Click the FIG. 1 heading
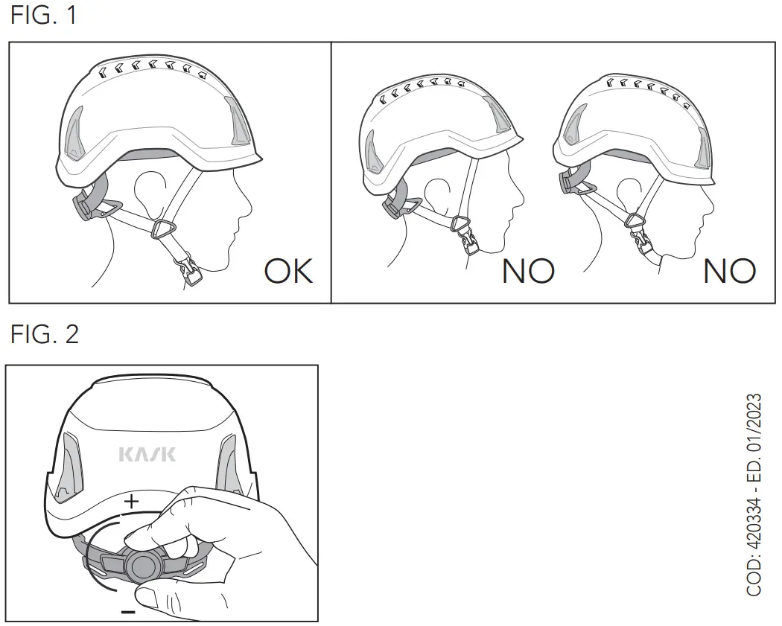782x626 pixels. [x=43, y=16]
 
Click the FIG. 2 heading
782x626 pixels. [x=44, y=334]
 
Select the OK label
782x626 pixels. [x=289, y=271]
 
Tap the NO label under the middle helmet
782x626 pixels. [x=528, y=271]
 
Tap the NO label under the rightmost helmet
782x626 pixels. [x=729, y=271]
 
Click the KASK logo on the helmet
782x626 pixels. [x=147, y=453]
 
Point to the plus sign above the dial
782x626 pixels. [x=131, y=502]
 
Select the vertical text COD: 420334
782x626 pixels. [x=754, y=495]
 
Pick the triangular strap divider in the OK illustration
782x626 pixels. [x=161, y=231]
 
